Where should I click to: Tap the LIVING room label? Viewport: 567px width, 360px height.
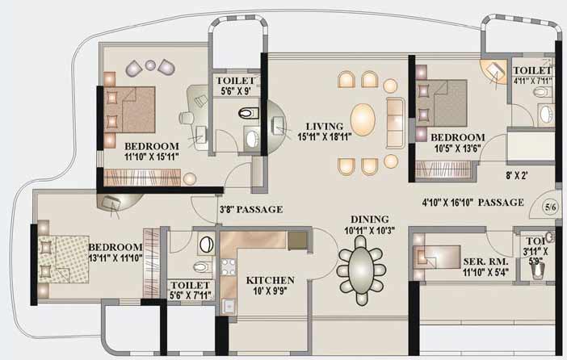pos(325,127)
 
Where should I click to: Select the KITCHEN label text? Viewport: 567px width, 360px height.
pos(270,280)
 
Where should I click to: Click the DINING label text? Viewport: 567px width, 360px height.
pos(369,219)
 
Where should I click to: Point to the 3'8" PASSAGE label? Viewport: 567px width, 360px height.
pos(251,209)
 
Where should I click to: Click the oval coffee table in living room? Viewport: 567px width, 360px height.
pos(363,119)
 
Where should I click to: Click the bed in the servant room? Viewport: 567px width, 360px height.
pos(437,257)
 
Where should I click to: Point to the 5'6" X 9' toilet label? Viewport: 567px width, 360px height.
pos(236,86)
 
